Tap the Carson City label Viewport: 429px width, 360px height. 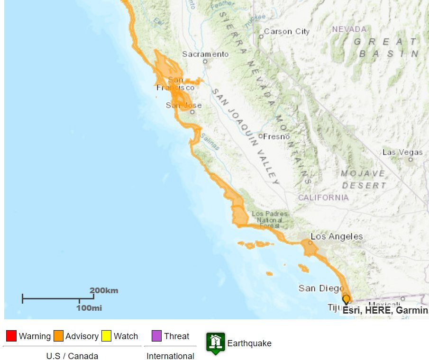point(286,31)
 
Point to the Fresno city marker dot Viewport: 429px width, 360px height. point(260,136)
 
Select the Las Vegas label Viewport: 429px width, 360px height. point(402,152)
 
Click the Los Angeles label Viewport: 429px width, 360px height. point(337,236)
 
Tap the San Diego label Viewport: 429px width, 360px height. point(321,288)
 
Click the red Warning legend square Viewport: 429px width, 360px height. point(11,336)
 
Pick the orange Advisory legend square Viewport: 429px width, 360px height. point(58,336)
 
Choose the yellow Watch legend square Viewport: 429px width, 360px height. point(107,336)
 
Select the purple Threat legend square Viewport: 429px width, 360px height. point(157,336)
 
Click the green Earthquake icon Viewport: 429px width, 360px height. point(215,342)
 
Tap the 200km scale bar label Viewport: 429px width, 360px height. point(104,290)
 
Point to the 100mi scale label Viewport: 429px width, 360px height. point(89,308)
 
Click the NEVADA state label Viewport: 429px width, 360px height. point(349,29)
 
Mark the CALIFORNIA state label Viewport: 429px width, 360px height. point(323,198)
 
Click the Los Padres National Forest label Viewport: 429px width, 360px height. point(270,220)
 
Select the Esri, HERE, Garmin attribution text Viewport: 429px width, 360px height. point(385,310)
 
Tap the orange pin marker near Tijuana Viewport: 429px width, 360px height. point(347,299)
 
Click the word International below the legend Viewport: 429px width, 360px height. point(170,356)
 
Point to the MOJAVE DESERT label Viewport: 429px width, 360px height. point(363,179)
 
